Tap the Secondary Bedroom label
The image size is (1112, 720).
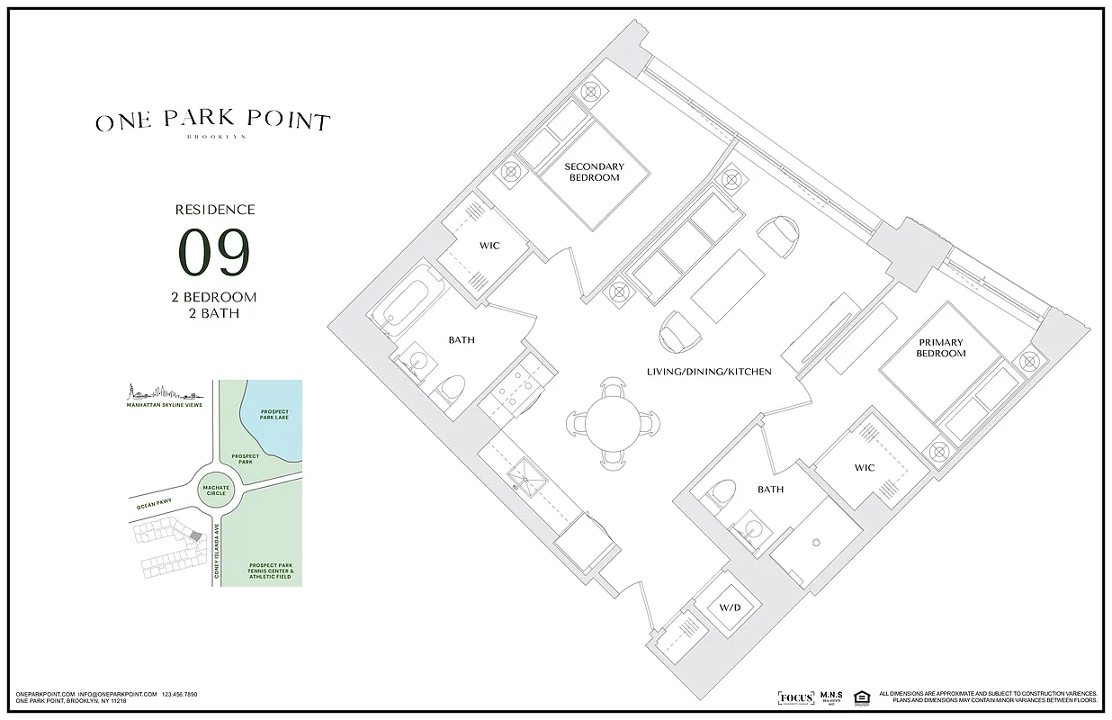[594, 172]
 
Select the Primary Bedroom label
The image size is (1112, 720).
[940, 347]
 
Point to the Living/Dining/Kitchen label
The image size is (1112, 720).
[709, 372]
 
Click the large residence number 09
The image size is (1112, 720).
[213, 253]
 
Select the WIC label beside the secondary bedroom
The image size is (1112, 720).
[489, 246]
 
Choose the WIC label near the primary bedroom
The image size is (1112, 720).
[865, 467]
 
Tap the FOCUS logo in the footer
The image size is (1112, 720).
[795, 697]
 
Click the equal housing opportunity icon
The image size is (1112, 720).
[861, 697]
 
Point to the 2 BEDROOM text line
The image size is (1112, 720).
[213, 297]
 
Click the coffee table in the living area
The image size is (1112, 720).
[727, 285]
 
